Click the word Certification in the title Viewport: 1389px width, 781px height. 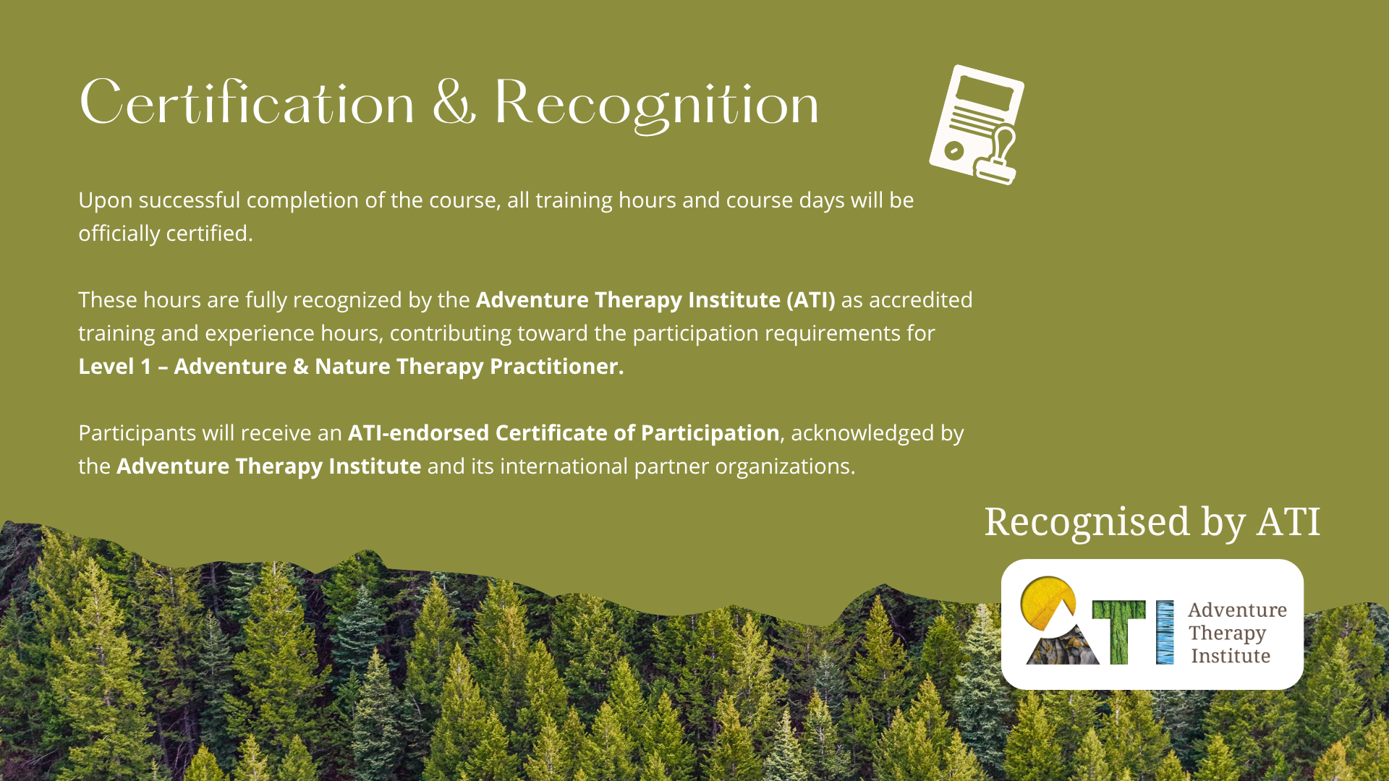tap(247, 103)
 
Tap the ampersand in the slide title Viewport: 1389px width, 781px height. tap(454, 103)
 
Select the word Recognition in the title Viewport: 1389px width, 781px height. tap(656, 105)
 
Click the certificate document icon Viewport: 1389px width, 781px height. tap(977, 124)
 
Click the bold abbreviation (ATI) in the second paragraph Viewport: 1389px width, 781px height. tap(811, 300)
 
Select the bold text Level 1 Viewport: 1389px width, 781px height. tap(115, 367)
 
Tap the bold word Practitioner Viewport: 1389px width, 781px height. tap(556, 367)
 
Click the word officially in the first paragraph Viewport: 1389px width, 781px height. tap(119, 234)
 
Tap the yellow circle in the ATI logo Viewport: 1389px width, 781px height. tap(1047, 602)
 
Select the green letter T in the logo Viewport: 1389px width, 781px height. tap(1118, 632)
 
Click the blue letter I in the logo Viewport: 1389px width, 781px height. tap(1165, 632)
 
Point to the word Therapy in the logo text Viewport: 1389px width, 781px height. tap(1227, 634)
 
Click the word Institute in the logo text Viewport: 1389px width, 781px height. tap(1231, 656)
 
